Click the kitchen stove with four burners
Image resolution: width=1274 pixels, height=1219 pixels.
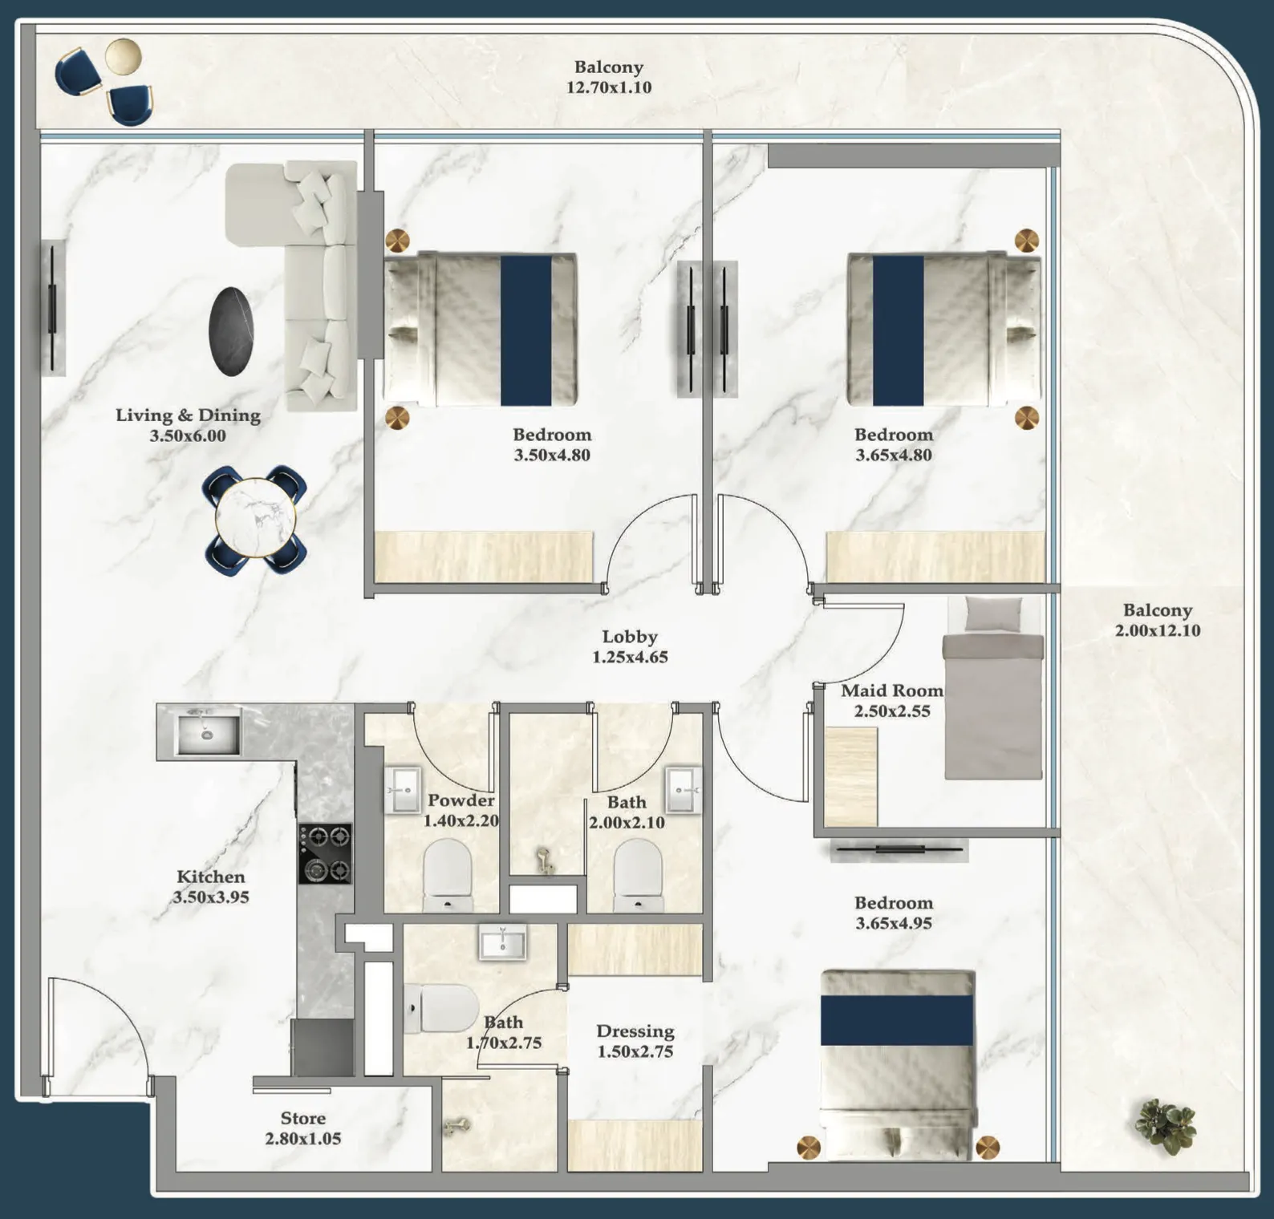325,853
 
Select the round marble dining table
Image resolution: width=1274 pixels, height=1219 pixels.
255,518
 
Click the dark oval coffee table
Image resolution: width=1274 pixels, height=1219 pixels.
231,330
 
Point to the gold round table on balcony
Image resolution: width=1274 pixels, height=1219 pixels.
124,56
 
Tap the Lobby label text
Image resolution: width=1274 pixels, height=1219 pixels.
630,637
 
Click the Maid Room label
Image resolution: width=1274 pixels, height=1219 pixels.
891,690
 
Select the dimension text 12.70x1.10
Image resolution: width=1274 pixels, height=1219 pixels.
609,87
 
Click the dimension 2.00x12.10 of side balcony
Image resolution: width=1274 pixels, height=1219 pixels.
1157,630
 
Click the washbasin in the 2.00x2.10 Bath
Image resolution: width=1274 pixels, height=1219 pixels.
683,790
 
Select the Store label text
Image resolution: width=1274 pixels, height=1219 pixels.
302,1118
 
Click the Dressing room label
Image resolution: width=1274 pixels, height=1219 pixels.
635,1031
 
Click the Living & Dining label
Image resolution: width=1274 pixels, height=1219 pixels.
188,415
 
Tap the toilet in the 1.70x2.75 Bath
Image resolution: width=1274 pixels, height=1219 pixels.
440,1009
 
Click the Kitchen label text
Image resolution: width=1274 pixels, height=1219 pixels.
210,877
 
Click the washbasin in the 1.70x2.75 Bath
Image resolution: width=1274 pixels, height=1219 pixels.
502,942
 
